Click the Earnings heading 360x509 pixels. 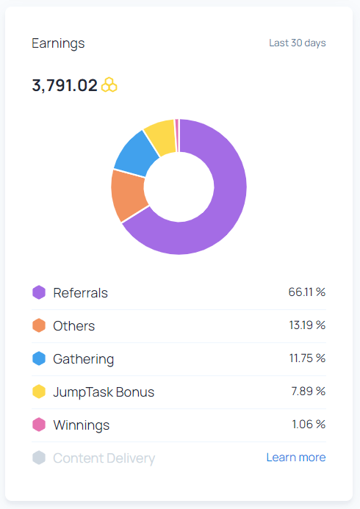58,43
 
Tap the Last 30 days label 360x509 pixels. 298,43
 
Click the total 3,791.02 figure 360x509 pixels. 65,85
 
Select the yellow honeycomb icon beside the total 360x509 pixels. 109,84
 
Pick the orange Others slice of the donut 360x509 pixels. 128,195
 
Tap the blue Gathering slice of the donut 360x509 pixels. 137,153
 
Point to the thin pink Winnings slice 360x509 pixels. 177,135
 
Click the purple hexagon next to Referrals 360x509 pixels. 39,292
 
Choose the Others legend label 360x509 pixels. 74,326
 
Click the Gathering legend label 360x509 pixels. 84,359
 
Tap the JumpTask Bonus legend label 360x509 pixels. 104,392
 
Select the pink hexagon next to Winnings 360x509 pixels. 39,425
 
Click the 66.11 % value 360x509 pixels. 307,292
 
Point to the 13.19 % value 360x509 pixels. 307,325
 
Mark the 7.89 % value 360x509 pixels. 308,391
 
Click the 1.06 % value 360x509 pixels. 309,424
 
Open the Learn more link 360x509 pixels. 296,457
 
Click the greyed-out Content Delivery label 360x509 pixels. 104,458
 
